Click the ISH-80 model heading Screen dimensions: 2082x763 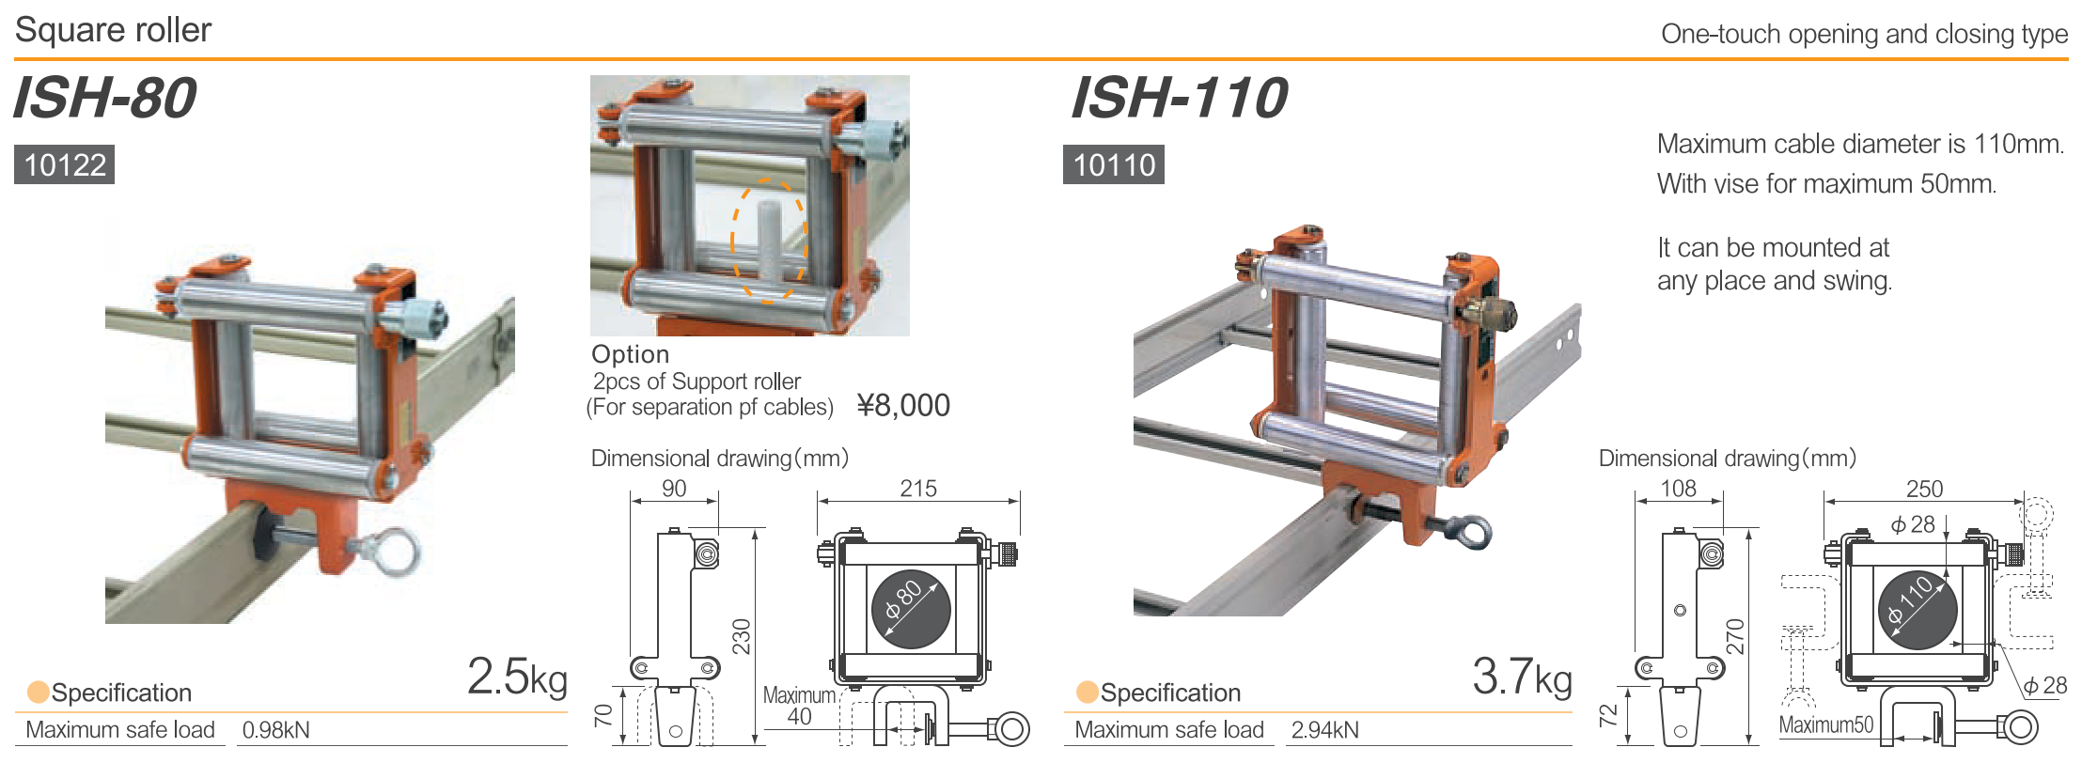tap(104, 98)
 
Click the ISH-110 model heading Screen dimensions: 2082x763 tap(1179, 98)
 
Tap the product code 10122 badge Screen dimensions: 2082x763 tap(65, 164)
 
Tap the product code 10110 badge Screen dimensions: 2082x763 tap(1114, 164)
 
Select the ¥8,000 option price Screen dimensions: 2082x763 tap(903, 405)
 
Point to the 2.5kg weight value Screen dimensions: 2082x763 tap(517, 676)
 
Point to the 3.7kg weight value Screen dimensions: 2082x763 tap(1522, 676)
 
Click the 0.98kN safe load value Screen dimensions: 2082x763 tap(275, 730)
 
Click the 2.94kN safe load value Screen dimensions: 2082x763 tap(1324, 730)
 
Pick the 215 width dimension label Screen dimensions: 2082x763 tap(918, 489)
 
